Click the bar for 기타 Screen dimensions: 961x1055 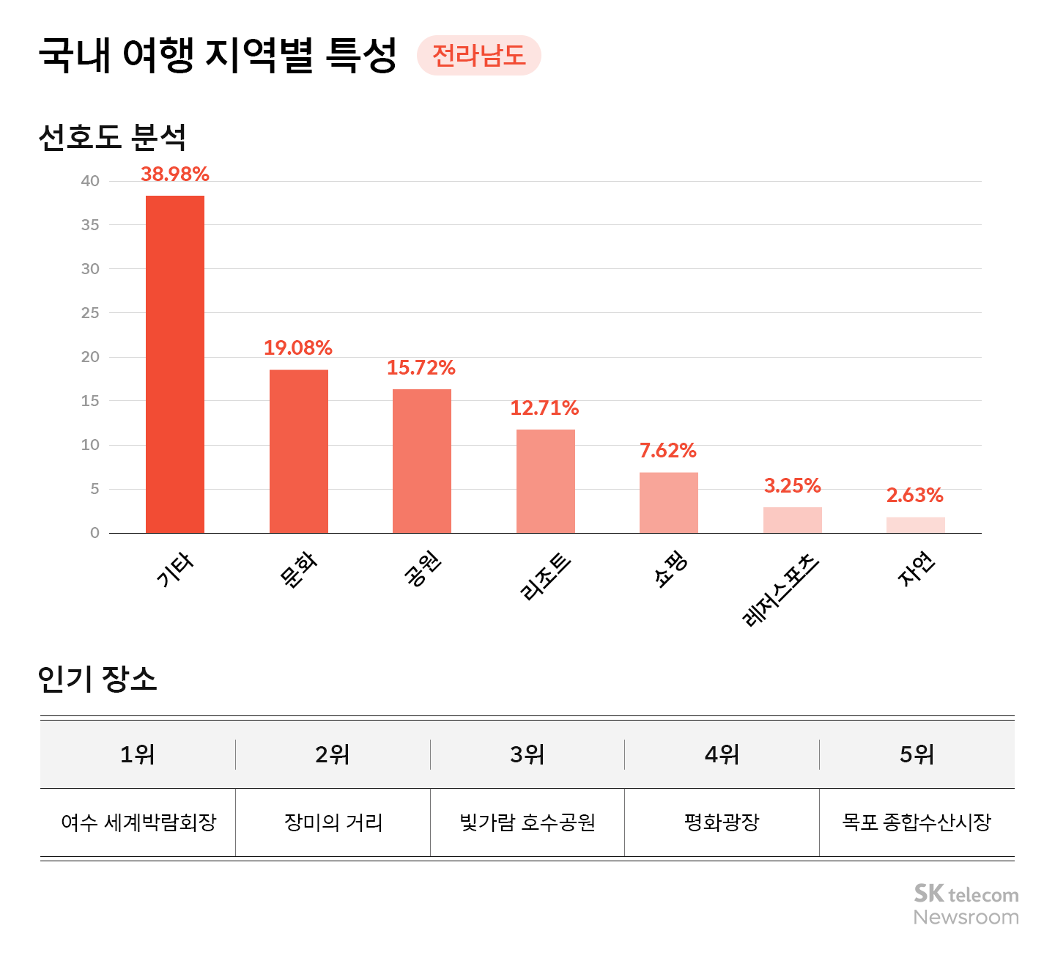pyautogui.click(x=175, y=364)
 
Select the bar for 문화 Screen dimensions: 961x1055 pyautogui.click(x=299, y=451)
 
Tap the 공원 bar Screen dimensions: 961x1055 pyautogui.click(x=422, y=461)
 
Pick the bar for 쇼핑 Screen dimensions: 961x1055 pyautogui.click(x=669, y=503)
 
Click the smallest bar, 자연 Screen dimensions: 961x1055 pyautogui.click(x=916, y=525)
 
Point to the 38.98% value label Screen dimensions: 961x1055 pyautogui.click(x=175, y=174)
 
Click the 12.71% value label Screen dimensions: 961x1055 pyautogui.click(x=544, y=408)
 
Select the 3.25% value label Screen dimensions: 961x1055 pyautogui.click(x=792, y=486)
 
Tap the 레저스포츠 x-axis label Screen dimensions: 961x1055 pyautogui.click(x=781, y=590)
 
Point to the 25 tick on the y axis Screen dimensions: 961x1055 pyautogui.click(x=90, y=313)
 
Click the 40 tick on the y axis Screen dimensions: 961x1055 pyautogui.click(x=90, y=181)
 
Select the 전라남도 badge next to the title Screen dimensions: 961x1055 pyautogui.click(x=479, y=56)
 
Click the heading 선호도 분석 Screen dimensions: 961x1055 pyautogui.click(x=112, y=137)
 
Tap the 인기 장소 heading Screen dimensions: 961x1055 pyautogui.click(x=97, y=679)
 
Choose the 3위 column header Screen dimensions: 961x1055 pyautogui.click(x=527, y=754)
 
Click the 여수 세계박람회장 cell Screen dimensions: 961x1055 pyautogui.click(x=138, y=822)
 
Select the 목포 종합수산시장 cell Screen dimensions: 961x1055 pyautogui.click(x=917, y=822)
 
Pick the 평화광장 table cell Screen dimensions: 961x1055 pyautogui.click(x=722, y=822)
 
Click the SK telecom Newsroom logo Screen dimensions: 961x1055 pyautogui.click(x=966, y=905)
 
